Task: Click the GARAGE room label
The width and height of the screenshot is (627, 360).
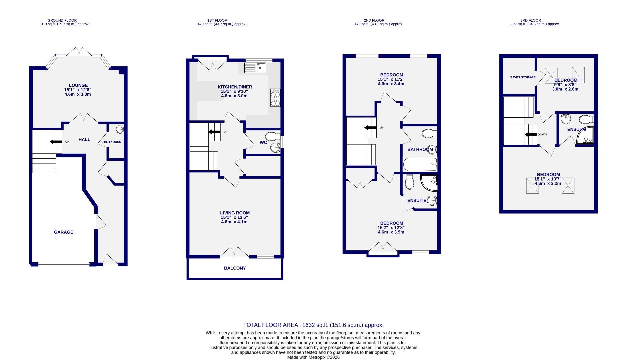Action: coord(63,232)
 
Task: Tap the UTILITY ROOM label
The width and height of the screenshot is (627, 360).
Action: coord(111,142)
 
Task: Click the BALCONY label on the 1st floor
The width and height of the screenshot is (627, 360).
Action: coord(235,268)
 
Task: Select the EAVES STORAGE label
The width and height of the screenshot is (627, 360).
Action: coord(523,77)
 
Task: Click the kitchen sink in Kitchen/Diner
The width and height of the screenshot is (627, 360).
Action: coord(255,68)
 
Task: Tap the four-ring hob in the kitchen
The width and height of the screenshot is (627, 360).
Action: coord(275,98)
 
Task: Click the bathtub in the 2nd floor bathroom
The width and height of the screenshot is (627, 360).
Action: coord(419,164)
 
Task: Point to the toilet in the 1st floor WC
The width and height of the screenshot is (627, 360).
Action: coord(273,136)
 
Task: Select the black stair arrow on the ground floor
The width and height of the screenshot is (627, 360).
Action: coord(56,142)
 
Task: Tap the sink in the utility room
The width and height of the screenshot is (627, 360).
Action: coord(120,129)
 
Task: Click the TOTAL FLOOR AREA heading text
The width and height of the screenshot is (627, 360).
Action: coord(313,325)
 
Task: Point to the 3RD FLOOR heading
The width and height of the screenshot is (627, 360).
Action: coord(530,20)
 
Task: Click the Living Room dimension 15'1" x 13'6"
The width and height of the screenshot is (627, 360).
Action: coord(234,217)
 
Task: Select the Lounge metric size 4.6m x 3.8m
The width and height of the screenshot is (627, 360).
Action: coord(78,94)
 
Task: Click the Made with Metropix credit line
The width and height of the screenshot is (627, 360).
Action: coord(313,357)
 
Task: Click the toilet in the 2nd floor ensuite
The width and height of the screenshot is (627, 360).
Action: coord(409,182)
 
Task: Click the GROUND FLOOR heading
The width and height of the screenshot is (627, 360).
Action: coord(62,20)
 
